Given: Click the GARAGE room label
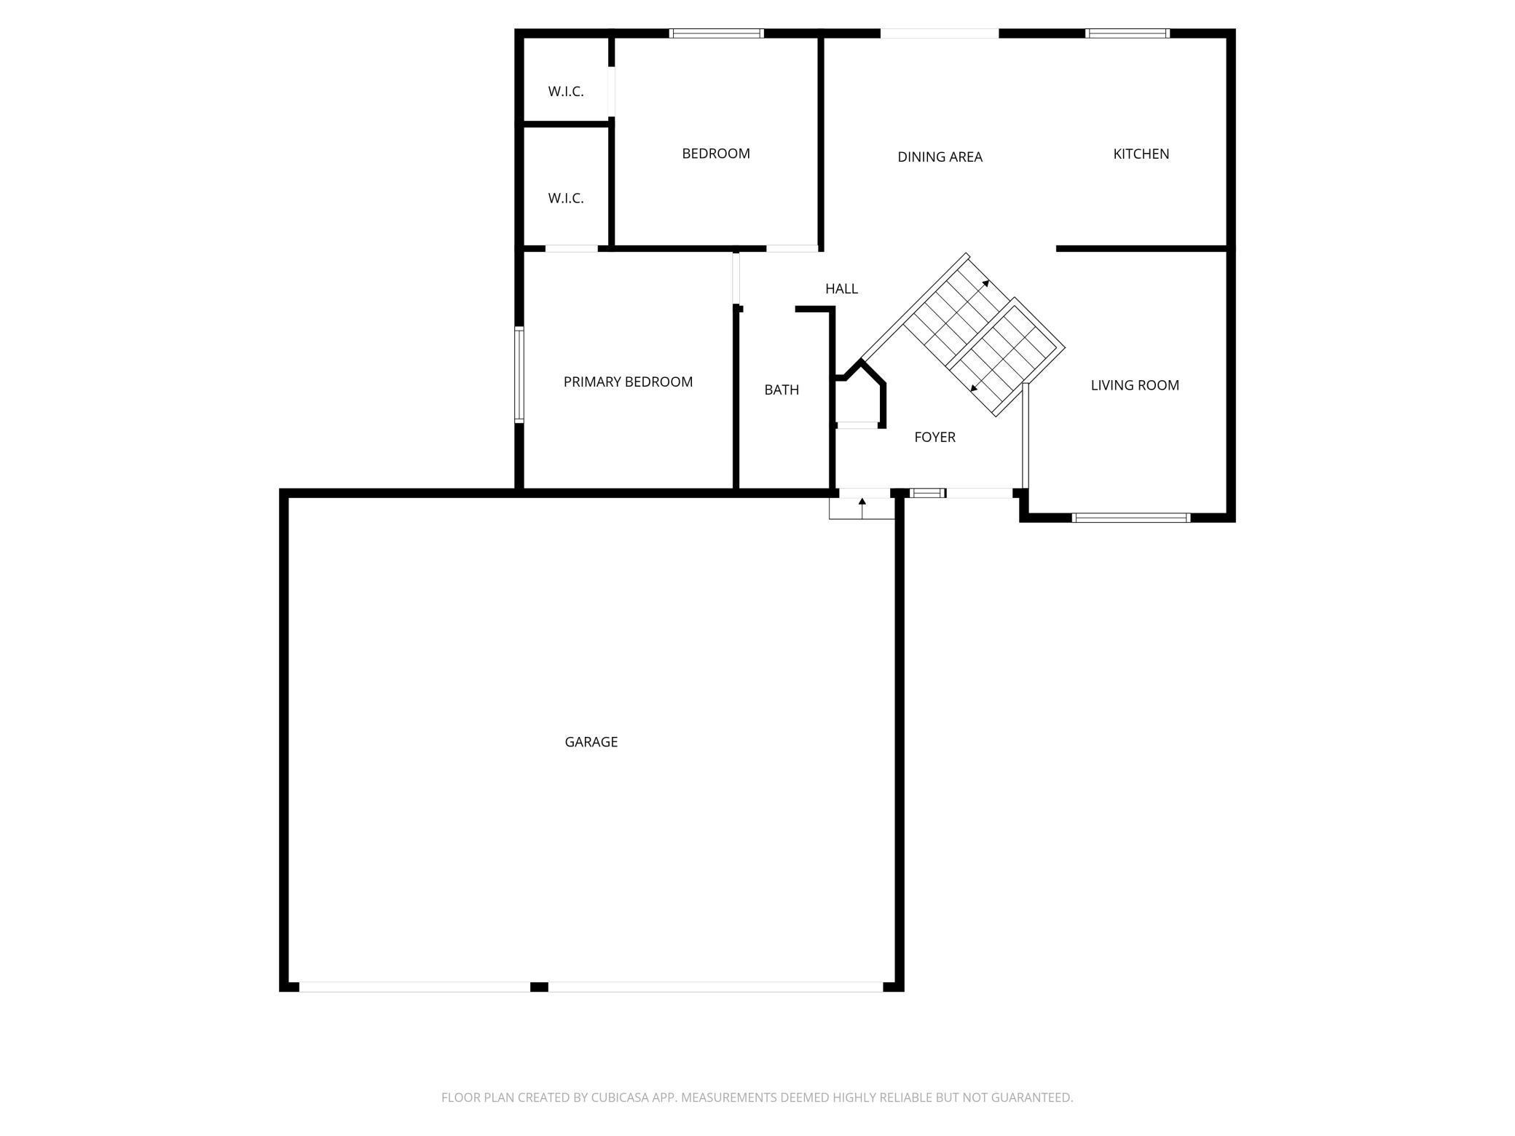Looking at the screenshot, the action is point(591,742).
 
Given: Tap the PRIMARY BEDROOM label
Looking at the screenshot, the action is point(628,382).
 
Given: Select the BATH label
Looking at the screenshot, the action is point(782,390).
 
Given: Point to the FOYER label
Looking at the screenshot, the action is point(934,437).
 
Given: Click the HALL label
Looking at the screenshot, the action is point(841,288).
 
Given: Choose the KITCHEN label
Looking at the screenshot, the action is point(1141,154).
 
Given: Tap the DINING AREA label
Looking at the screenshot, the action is point(940,157).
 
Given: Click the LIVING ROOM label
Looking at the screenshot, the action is point(1135,385).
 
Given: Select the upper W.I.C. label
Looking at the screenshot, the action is point(566,92).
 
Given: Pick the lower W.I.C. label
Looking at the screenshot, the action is point(566,198).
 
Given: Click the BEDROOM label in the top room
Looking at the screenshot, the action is point(716,154).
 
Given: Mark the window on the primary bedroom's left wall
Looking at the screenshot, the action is point(519,375).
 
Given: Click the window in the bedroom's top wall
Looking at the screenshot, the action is point(716,33).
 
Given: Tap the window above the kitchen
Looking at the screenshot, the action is point(1128,33).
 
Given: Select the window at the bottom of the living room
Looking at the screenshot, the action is point(1131,518).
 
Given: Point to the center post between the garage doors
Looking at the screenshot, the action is point(539,987).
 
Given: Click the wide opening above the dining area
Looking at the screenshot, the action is point(940,33).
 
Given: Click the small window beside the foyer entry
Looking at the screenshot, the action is point(927,493).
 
